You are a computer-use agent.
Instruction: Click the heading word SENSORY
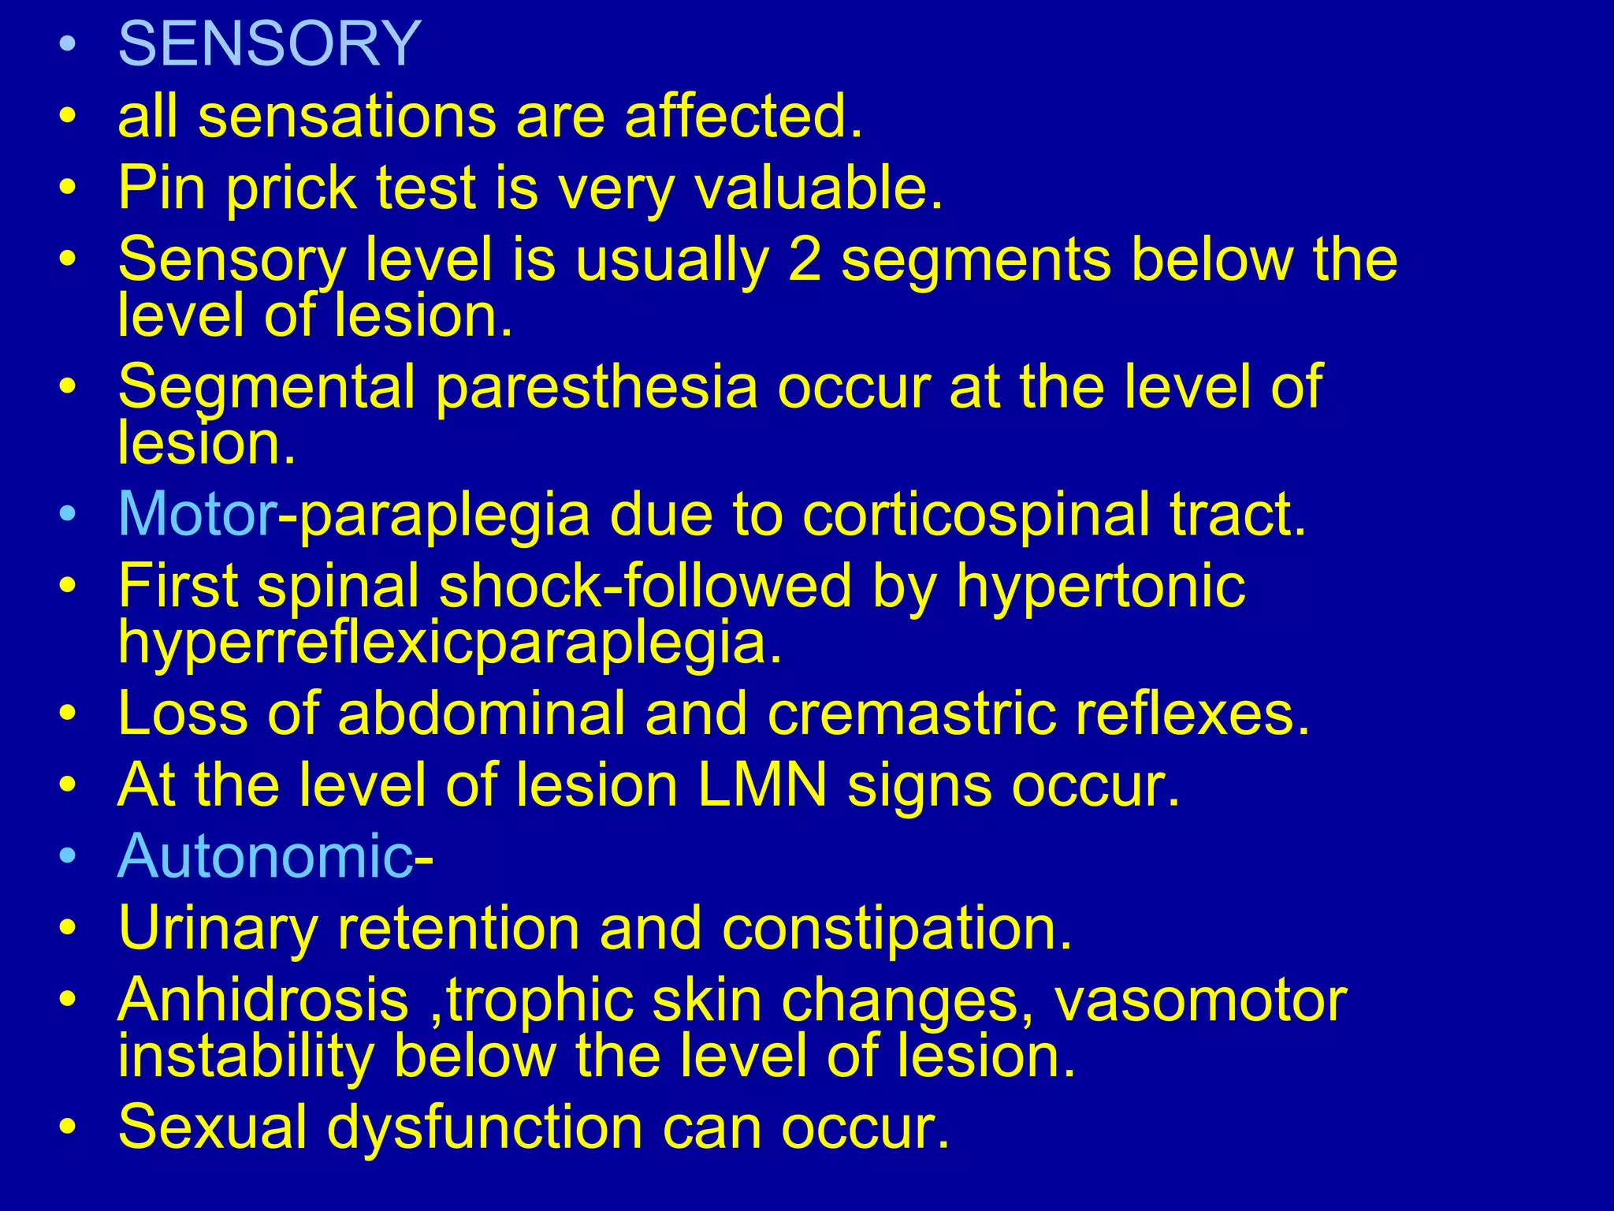[270, 44]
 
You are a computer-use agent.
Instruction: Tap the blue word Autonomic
[264, 856]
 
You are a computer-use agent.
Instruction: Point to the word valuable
[818, 188]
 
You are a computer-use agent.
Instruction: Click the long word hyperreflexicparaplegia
[449, 643]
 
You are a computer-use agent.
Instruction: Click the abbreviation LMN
[762, 785]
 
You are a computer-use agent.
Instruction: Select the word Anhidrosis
[263, 1000]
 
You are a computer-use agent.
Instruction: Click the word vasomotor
[1200, 1000]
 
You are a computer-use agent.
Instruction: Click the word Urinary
[217, 929]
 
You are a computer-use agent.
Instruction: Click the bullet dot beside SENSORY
[69, 46]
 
